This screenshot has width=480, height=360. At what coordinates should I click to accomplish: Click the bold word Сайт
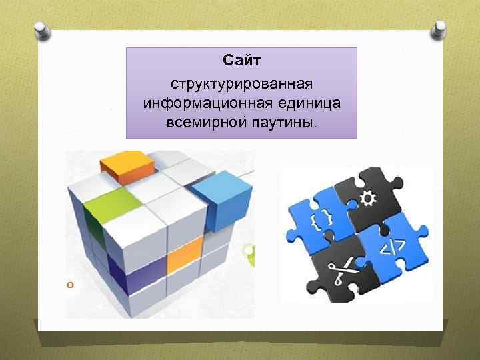[242, 62]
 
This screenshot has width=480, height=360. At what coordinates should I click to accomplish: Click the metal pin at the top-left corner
[41, 31]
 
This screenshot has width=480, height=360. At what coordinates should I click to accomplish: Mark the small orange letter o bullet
[69, 285]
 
